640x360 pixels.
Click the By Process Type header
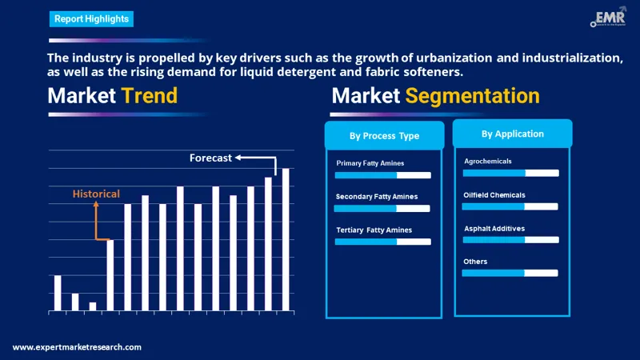point(384,136)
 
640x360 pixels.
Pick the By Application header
point(512,134)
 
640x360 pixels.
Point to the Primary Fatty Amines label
point(370,163)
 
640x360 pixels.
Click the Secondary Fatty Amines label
point(376,196)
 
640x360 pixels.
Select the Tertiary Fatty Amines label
point(374,230)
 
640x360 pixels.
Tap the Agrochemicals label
point(488,161)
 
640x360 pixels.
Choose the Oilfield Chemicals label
point(494,194)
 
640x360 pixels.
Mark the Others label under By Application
point(475,262)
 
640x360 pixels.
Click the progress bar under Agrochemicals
point(510,173)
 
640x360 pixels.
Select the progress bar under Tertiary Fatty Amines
point(382,241)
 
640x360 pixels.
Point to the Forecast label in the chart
point(210,158)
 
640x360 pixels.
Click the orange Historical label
point(96,194)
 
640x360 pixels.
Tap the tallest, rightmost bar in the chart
point(286,239)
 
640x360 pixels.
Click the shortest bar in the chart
point(93,306)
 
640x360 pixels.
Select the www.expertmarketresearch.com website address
point(78,347)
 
